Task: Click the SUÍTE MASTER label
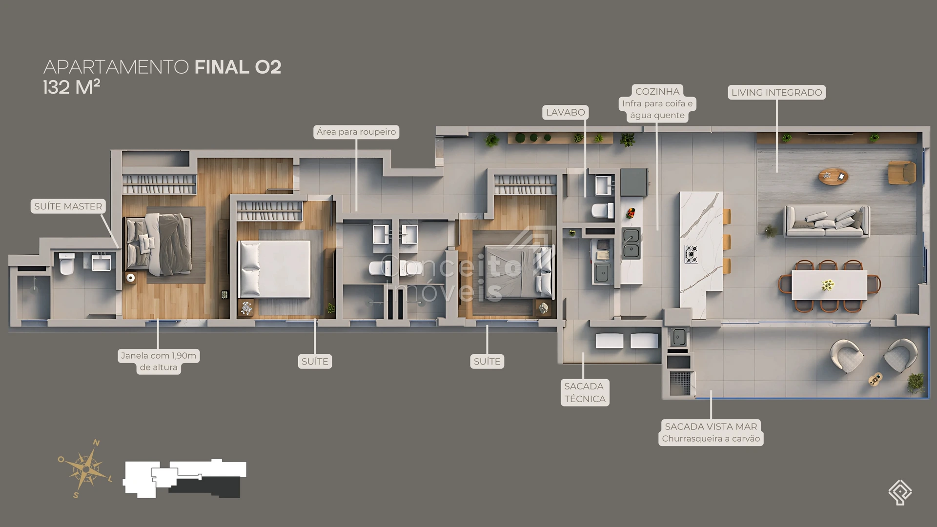coord(68,206)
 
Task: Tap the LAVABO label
coord(565,112)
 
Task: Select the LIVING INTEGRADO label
coord(776,92)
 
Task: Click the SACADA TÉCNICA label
coord(585,392)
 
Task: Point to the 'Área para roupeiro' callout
coord(356,132)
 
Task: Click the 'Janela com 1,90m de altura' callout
coord(159,362)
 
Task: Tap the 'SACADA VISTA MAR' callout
coord(711,432)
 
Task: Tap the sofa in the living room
coord(827,221)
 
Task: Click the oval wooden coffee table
coord(833,176)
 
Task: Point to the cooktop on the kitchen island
coord(692,254)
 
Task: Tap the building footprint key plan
coord(184,478)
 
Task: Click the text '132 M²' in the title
coord(71,87)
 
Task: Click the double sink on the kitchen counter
coord(631,243)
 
